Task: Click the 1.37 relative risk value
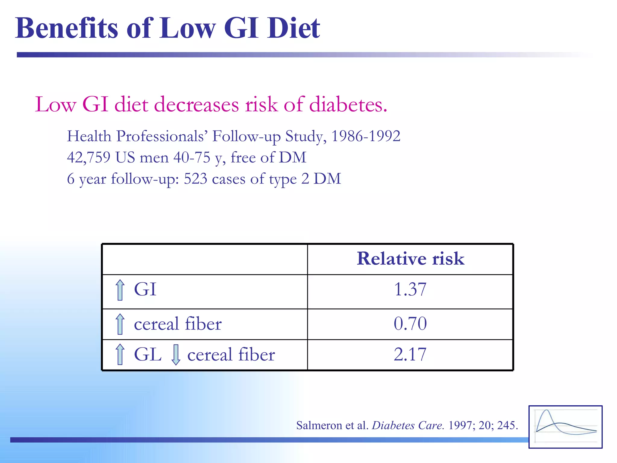tap(410, 289)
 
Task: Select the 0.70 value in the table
tap(410, 323)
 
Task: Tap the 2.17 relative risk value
tap(410, 354)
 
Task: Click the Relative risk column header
tap(410, 259)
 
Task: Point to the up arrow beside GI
tap(120, 290)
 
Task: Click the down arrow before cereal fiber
tap(176, 355)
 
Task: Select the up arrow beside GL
tap(120, 354)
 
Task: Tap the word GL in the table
tap(148, 354)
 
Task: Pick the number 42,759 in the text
tap(89, 157)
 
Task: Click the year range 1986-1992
tap(366, 136)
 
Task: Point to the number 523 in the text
tap(196, 179)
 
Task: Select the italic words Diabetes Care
tap(408, 425)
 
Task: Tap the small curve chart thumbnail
tap(565, 427)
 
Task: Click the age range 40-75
tap(192, 157)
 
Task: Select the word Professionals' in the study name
tap(162, 136)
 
